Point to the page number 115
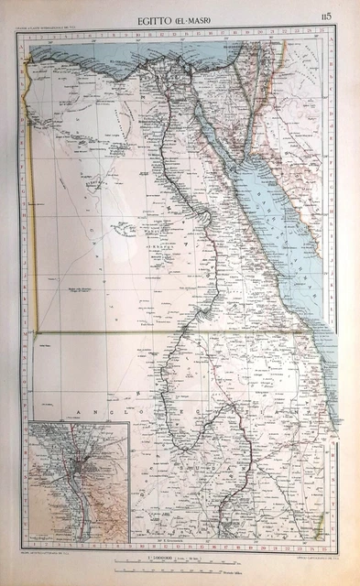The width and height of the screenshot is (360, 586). click(x=327, y=16)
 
